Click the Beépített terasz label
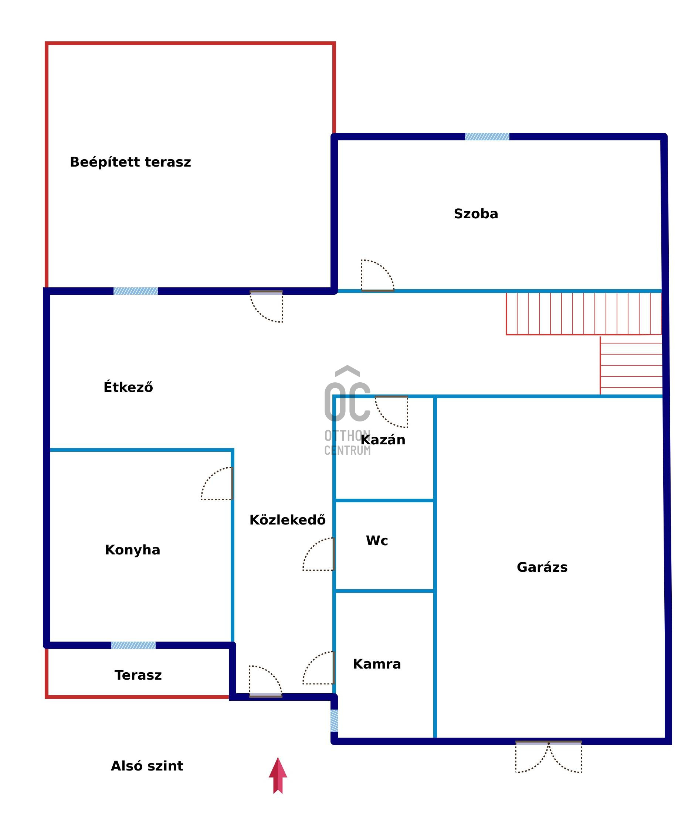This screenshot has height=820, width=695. [130, 162]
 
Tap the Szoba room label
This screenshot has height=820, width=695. [476, 214]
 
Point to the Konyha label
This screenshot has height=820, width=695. [132, 550]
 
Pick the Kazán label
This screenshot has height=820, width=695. [383, 439]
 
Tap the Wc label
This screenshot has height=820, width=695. [377, 540]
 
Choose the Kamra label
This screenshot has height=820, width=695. [377, 664]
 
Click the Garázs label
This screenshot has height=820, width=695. [542, 567]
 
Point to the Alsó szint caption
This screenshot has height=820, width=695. [147, 766]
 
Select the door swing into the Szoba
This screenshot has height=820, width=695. [377, 276]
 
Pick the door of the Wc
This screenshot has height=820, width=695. [318, 554]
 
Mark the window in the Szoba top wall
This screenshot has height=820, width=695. [487, 137]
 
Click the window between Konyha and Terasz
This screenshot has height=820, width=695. [133, 645]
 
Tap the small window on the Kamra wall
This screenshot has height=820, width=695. [334, 720]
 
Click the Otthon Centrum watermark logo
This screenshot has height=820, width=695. [347, 411]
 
